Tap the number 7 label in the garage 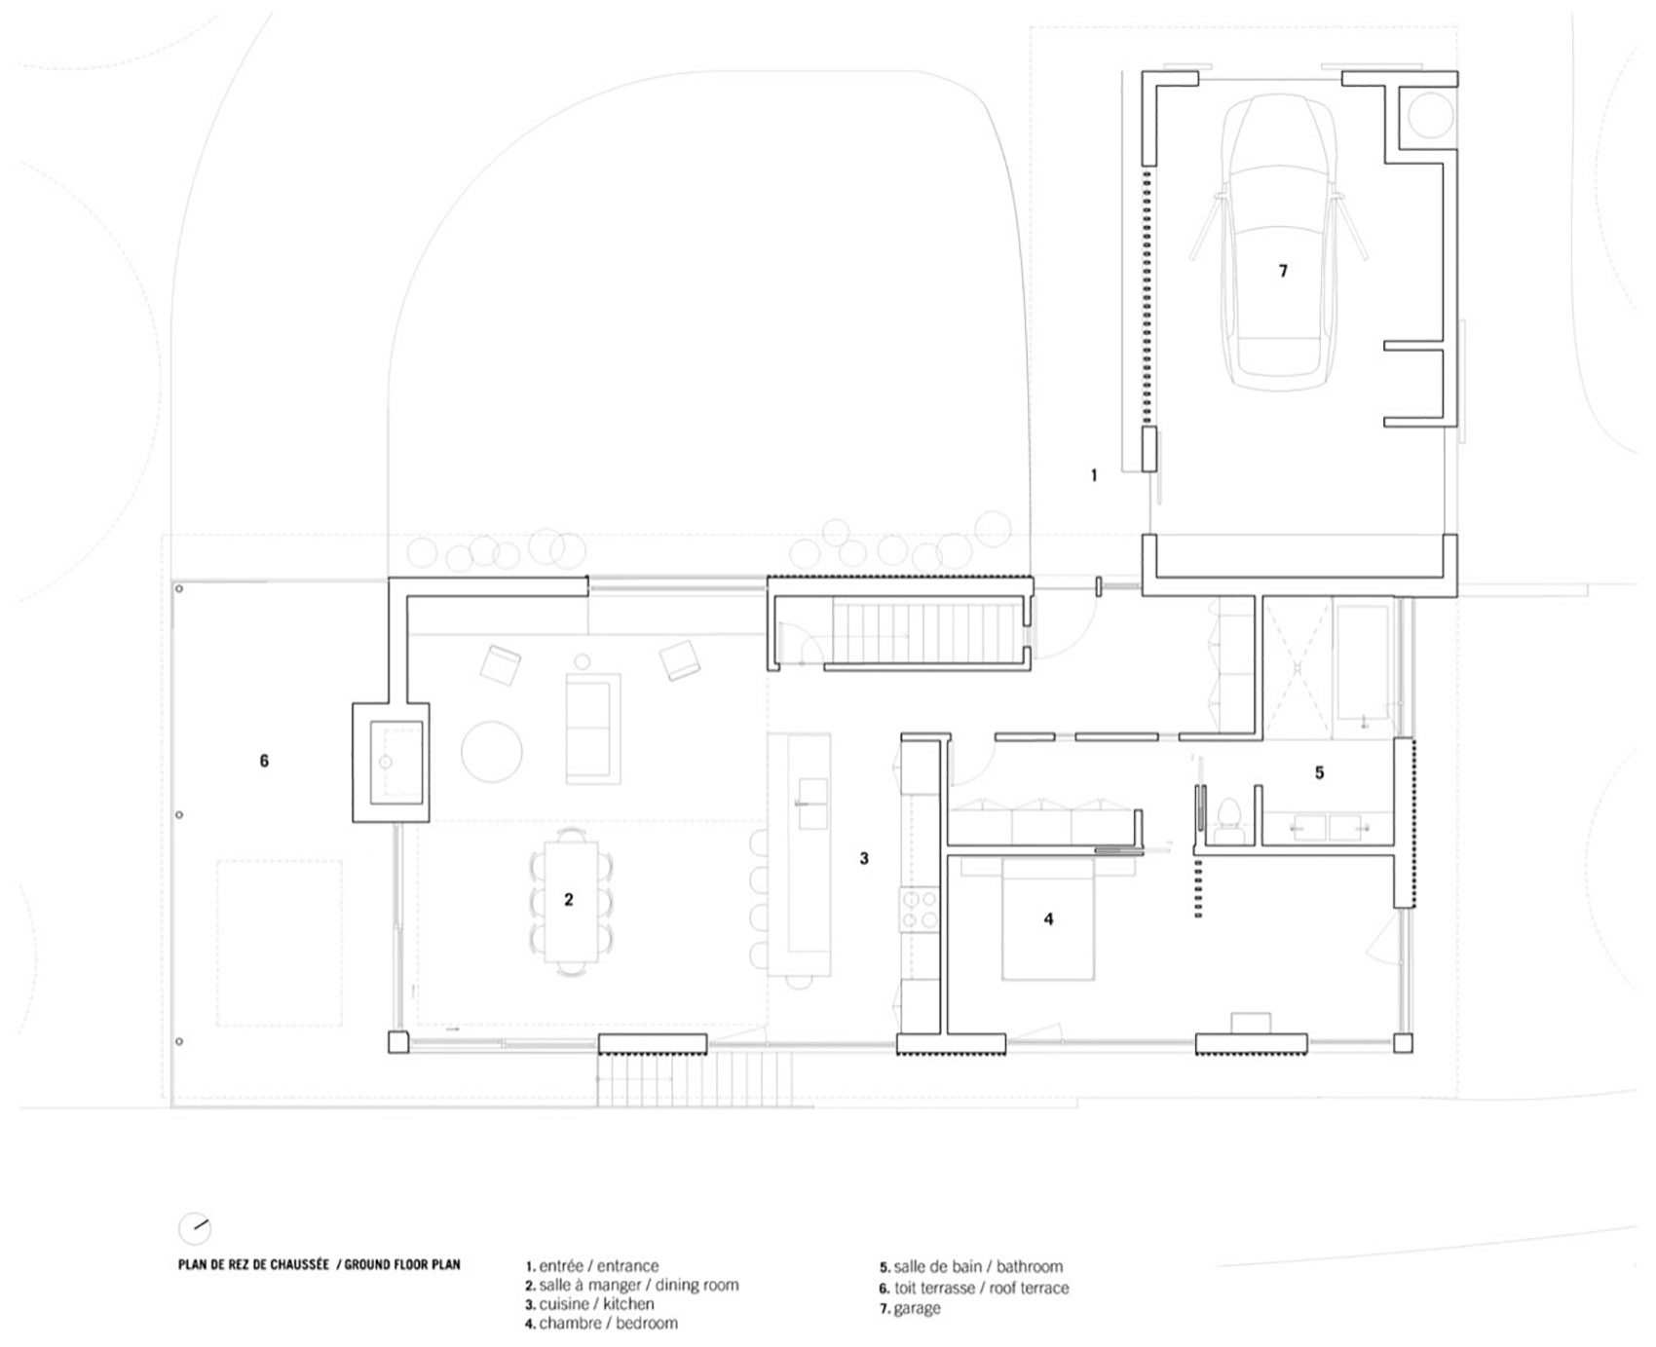1283,271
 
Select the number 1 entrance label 1094,475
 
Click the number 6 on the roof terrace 264,761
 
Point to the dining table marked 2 570,900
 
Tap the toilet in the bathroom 1227,816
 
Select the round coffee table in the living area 491,751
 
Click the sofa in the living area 593,727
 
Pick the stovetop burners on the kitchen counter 918,910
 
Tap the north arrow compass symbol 195,1228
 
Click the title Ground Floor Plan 319,1265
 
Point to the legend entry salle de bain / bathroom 971,1267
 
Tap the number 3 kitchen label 864,858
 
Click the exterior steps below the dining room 696,1080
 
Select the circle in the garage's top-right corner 1429,113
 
